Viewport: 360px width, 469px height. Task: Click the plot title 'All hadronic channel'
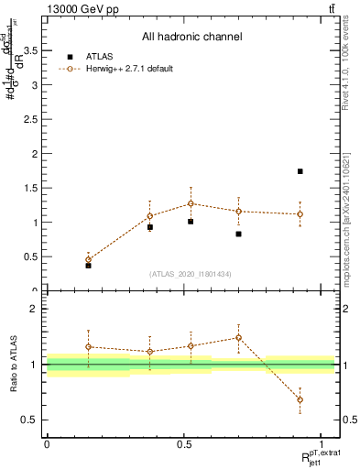[x=191, y=37]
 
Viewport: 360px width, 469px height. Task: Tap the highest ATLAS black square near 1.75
[x=300, y=171]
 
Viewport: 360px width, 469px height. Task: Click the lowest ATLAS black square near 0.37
[x=88, y=265]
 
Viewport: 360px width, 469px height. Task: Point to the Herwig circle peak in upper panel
[x=191, y=203]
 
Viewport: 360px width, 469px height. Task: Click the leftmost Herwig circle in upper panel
[x=88, y=259]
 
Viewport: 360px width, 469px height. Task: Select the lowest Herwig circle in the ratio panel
[x=300, y=399]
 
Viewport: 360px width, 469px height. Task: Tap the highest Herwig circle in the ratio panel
[x=238, y=337]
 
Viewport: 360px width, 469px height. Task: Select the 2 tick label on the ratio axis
[x=36, y=309]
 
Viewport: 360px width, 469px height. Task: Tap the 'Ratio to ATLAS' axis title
[x=13, y=364]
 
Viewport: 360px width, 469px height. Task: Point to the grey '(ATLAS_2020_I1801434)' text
[x=191, y=274]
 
